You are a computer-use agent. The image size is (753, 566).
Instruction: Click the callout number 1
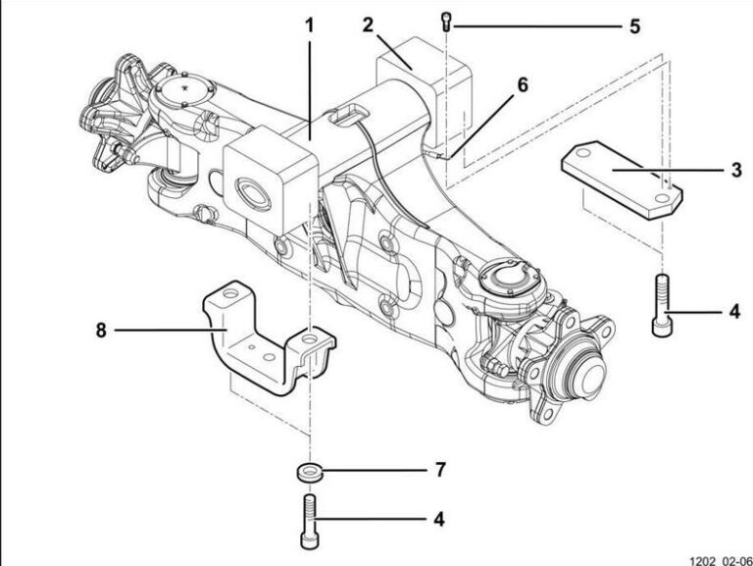(310, 24)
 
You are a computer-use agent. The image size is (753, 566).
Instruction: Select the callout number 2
(368, 24)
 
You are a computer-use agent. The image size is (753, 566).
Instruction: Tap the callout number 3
(735, 170)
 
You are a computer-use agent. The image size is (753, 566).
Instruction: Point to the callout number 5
(634, 25)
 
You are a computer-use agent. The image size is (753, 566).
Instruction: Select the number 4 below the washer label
(440, 516)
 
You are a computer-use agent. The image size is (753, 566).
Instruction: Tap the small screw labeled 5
(448, 20)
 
